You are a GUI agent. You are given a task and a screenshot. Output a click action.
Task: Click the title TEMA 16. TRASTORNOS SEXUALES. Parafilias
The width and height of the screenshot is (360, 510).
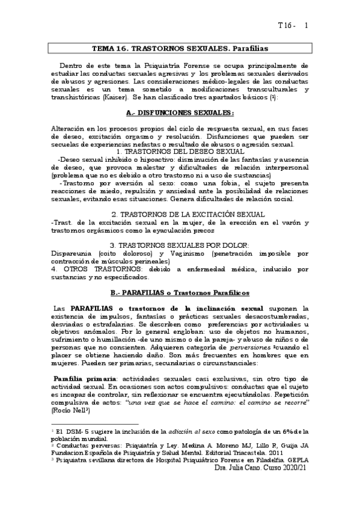(x=180, y=46)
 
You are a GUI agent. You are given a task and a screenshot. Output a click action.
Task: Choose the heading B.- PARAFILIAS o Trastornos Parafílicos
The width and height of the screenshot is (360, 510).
(x=180, y=292)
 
